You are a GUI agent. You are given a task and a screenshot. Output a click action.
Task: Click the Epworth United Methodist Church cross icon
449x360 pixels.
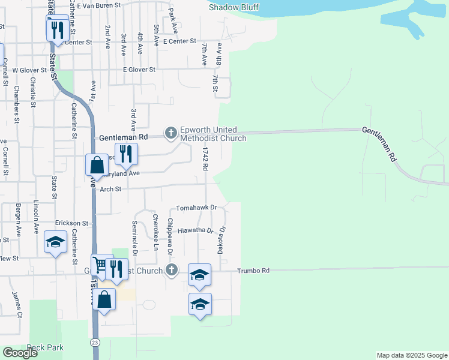coord(171,133)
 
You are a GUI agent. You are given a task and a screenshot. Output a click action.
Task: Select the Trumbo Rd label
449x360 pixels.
coord(253,271)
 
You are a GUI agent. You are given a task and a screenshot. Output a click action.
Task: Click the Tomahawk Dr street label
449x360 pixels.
coord(196,208)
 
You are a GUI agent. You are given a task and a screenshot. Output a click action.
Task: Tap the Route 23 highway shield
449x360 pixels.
coord(96,341)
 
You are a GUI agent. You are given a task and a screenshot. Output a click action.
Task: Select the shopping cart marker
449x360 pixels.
coord(100,264)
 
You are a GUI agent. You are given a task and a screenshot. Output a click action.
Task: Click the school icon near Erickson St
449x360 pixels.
coord(55,242)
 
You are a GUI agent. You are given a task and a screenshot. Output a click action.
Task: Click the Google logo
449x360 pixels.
coord(20,353)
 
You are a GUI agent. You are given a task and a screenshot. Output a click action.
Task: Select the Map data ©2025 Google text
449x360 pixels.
coord(412,355)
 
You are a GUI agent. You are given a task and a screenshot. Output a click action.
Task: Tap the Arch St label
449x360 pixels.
coord(111,189)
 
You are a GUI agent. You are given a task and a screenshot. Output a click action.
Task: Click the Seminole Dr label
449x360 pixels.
coord(135,236)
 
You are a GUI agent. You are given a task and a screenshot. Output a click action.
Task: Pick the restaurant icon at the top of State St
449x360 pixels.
coord(57,29)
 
